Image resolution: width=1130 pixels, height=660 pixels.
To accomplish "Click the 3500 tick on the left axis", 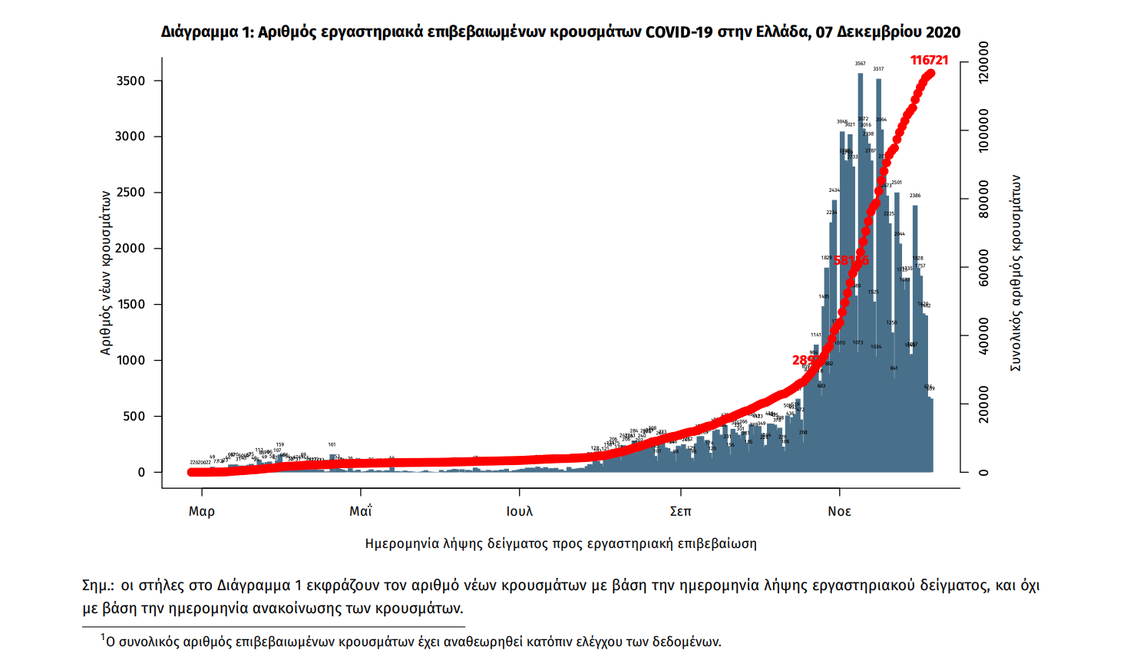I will (x=131, y=81).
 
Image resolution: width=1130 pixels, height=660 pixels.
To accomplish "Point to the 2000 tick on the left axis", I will (x=131, y=249).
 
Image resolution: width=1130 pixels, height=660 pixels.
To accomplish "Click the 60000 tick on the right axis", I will (x=983, y=268).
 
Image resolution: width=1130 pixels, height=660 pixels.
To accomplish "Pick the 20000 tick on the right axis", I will (x=983, y=404).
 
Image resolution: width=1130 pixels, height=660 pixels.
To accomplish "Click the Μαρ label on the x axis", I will (x=202, y=511).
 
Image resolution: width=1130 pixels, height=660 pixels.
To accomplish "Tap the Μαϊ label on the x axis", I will (x=361, y=511).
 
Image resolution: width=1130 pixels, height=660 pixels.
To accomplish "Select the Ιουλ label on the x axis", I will (x=520, y=511).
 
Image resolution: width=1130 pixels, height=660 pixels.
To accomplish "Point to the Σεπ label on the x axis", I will (x=680, y=511).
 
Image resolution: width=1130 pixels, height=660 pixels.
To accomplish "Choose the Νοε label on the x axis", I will (x=839, y=511).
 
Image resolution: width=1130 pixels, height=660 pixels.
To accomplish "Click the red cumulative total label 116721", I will (x=929, y=60).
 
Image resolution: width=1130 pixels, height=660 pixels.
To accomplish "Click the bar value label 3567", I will (x=861, y=64).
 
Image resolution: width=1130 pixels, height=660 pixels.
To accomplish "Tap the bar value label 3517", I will (x=878, y=69).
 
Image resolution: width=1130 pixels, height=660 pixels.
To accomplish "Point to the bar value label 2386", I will (x=915, y=196).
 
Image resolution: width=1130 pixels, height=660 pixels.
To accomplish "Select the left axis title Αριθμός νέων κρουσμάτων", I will (x=106, y=272).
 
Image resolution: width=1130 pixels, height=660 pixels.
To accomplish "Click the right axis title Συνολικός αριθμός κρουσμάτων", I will (x=1016, y=272).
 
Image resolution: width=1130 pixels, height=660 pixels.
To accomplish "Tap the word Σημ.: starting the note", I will (x=97, y=586).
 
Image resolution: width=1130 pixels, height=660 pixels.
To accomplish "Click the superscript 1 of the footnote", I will (x=102, y=637).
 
